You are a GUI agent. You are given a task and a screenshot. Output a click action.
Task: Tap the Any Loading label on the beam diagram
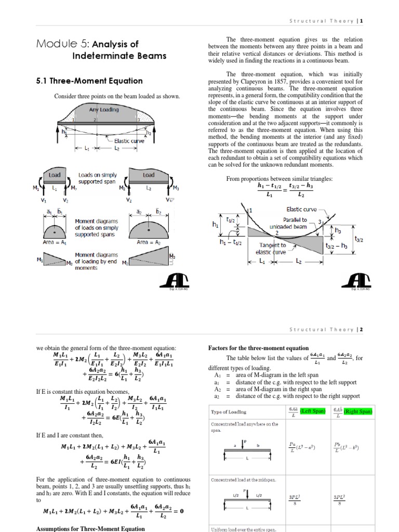coord(103,110)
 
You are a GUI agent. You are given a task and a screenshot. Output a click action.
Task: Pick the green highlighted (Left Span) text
coord(313,411)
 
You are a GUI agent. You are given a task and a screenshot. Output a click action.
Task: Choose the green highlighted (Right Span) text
coord(358,411)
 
